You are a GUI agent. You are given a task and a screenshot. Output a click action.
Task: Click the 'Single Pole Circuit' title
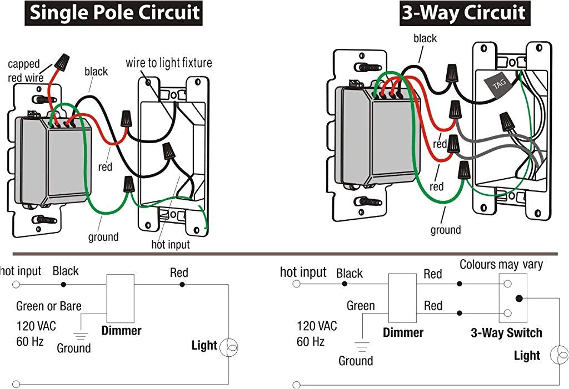(x=113, y=13)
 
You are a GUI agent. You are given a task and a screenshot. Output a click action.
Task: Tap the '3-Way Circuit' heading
(x=465, y=13)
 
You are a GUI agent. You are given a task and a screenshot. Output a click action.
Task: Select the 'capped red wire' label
(x=24, y=70)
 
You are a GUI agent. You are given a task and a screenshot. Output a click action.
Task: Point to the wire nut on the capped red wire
(x=62, y=62)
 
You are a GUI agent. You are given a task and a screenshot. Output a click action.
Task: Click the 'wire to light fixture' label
(x=169, y=63)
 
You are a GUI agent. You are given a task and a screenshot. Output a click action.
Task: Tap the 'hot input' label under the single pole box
(x=171, y=244)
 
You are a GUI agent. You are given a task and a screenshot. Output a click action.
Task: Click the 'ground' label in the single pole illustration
(x=103, y=237)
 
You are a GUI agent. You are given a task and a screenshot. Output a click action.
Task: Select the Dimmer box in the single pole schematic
(x=121, y=299)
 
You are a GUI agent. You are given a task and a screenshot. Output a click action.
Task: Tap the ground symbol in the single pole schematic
(x=81, y=336)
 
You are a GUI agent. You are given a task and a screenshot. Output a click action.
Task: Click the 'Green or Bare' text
(x=49, y=306)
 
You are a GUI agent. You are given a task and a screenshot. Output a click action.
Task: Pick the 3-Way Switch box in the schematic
(x=513, y=298)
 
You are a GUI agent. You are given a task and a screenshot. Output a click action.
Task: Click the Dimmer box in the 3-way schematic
(x=402, y=298)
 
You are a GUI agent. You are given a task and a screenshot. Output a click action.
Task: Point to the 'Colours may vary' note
(x=501, y=264)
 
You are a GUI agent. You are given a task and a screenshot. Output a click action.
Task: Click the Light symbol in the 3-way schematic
(x=559, y=355)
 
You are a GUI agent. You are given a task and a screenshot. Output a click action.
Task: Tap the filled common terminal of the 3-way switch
(x=520, y=299)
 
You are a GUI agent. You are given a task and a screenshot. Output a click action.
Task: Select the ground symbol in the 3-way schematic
(x=362, y=347)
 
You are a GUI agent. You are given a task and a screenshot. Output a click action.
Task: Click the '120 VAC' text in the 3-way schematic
(x=317, y=326)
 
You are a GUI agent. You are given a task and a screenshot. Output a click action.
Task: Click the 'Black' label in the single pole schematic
(x=66, y=271)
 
